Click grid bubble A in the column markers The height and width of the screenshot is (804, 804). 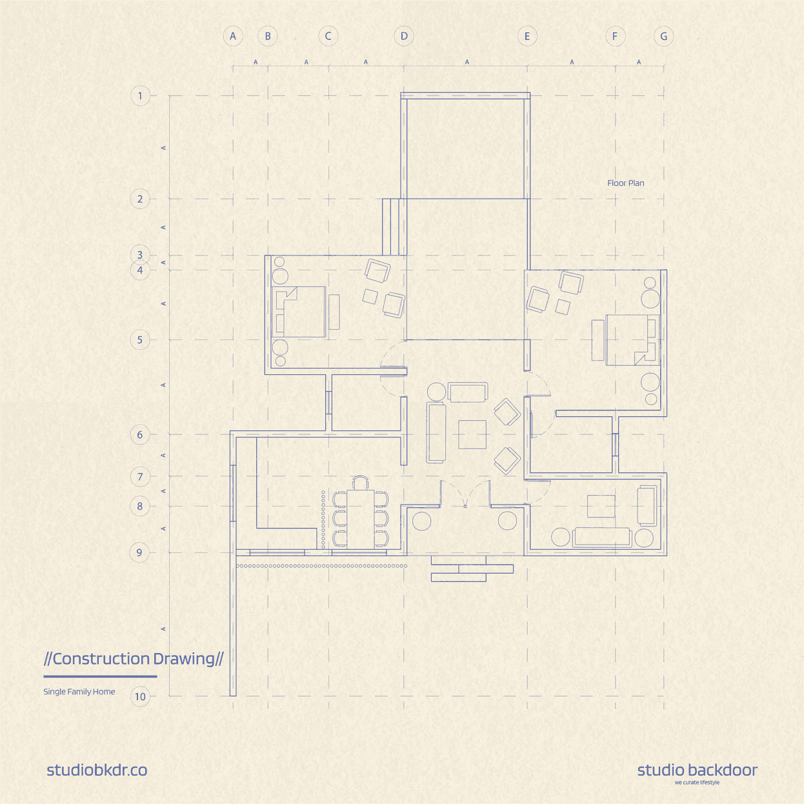[x=233, y=36]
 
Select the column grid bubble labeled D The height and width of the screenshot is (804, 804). [x=404, y=36]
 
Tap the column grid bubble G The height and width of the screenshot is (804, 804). [x=663, y=36]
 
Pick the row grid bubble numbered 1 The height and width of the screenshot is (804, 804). [x=140, y=96]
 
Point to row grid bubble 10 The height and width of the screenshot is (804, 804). [x=140, y=696]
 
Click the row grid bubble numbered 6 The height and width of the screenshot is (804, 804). [x=140, y=435]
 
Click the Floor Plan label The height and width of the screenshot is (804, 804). [x=625, y=183]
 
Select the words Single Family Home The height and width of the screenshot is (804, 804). [x=79, y=692]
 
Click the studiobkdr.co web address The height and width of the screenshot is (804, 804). [x=97, y=770]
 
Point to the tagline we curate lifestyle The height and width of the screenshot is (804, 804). [x=697, y=782]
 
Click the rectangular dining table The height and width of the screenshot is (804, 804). [x=361, y=519]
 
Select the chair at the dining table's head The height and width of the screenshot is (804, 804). [x=361, y=482]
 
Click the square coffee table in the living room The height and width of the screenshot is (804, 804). [x=472, y=434]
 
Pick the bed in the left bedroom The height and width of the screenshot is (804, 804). [x=298, y=312]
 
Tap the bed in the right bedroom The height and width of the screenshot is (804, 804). [x=633, y=340]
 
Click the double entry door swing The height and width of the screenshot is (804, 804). [x=465, y=494]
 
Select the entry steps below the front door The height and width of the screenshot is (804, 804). [x=472, y=569]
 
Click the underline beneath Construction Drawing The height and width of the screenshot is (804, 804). [x=100, y=676]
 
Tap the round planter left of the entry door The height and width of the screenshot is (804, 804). [x=421, y=521]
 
